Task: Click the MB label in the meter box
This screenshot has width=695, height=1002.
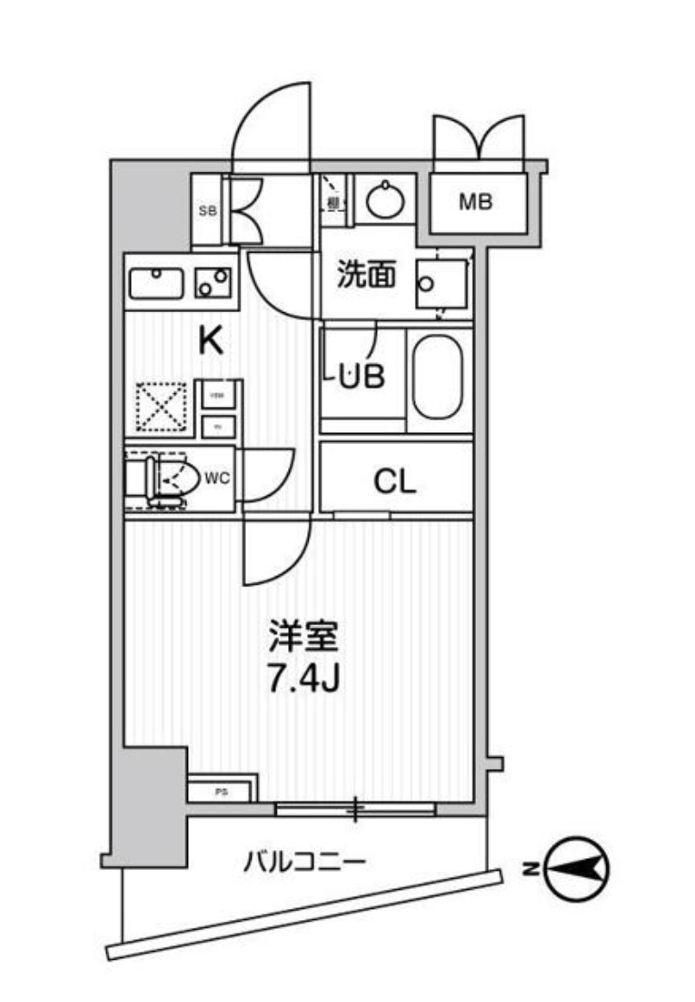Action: pyautogui.click(x=475, y=204)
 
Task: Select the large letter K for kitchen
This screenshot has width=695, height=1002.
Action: pyautogui.click(x=211, y=341)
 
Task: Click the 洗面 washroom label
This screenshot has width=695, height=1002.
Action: pyautogui.click(x=366, y=275)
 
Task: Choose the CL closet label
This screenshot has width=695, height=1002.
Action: pyautogui.click(x=395, y=482)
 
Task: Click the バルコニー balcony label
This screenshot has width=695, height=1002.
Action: pyautogui.click(x=306, y=861)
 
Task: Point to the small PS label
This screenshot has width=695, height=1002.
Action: pyautogui.click(x=221, y=791)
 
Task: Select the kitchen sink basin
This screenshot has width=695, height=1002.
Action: pyautogui.click(x=156, y=282)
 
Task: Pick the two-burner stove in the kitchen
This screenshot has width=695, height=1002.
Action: pyautogui.click(x=212, y=282)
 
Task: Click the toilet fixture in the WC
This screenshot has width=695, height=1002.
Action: pyautogui.click(x=164, y=480)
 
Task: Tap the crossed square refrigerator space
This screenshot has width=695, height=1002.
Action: pyautogui.click(x=162, y=405)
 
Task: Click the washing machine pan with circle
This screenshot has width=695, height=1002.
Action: pyautogui.click(x=440, y=284)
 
